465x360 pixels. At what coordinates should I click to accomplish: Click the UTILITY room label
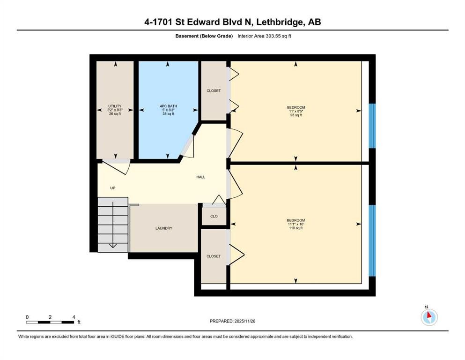[115, 106]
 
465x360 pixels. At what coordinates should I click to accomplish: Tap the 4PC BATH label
[168, 106]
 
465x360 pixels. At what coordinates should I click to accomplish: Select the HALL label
[200, 177]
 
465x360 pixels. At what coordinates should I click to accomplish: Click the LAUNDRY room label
[164, 228]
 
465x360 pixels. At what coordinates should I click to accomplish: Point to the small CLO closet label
[214, 216]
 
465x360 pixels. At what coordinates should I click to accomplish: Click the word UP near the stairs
[112, 188]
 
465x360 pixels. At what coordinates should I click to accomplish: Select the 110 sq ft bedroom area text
[296, 228]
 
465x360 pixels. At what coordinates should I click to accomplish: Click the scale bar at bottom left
[51, 322]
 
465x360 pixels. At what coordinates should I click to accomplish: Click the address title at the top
[232, 22]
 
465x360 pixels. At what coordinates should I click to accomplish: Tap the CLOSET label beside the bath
[214, 90]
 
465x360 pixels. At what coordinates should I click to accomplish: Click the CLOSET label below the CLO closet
[214, 256]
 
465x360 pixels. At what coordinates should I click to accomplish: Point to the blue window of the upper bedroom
[372, 126]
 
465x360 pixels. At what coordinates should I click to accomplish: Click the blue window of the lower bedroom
[372, 240]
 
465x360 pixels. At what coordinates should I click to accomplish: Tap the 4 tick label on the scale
[74, 317]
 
